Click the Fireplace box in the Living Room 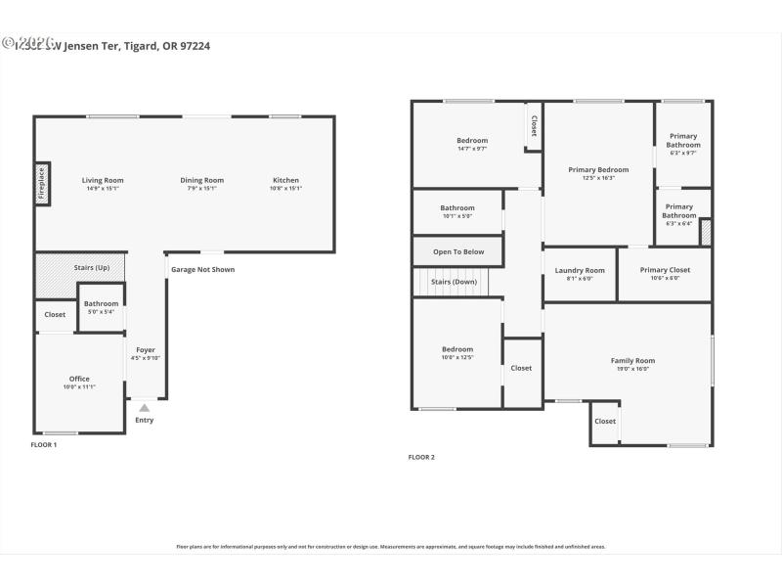pyautogui.click(x=42, y=183)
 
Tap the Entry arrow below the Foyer pyautogui.click(x=145, y=409)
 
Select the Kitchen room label pyautogui.click(x=285, y=180)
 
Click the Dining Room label pyautogui.click(x=201, y=180)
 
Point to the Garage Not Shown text pyautogui.click(x=202, y=269)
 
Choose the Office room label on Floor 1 pyautogui.click(x=79, y=379)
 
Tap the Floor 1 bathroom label pyautogui.click(x=101, y=304)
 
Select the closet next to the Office pyautogui.click(x=55, y=315)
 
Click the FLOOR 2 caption pyautogui.click(x=421, y=457)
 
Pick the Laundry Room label pyautogui.click(x=580, y=270)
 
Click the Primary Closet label pyautogui.click(x=665, y=270)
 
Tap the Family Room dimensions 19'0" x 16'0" pyautogui.click(x=632, y=369)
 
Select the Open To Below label pyautogui.click(x=458, y=251)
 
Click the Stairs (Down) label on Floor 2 pyautogui.click(x=454, y=282)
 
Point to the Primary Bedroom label pyautogui.click(x=598, y=169)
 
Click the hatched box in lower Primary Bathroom pyautogui.click(x=706, y=232)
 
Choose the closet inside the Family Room pyautogui.click(x=605, y=421)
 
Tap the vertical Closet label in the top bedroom pyautogui.click(x=534, y=125)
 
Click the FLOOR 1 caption pyautogui.click(x=44, y=445)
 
